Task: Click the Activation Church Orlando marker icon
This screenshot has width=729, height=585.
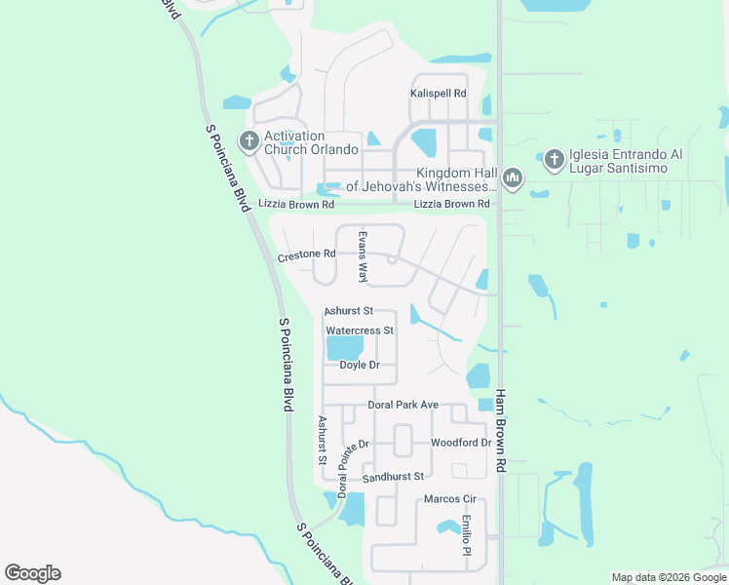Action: coord(249,142)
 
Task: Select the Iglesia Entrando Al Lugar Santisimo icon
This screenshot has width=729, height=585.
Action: coord(554,158)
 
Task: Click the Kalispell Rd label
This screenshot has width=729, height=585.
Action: coord(438,94)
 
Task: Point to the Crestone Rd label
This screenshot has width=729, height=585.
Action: coord(306,255)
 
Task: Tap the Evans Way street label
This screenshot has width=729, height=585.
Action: coord(363,257)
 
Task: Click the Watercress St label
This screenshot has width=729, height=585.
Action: coord(359,331)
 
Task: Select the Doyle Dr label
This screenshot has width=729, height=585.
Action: coord(359,365)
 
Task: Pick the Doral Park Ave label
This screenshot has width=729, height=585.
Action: coord(403,404)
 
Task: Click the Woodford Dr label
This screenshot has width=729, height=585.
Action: coord(461,443)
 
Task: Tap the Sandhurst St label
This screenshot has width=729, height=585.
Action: coord(393,477)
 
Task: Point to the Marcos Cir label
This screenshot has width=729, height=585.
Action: coord(448,499)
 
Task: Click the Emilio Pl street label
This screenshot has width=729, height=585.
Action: coord(467,535)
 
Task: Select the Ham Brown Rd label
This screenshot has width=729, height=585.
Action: coord(501,431)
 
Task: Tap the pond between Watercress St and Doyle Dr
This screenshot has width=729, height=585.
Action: coord(343,348)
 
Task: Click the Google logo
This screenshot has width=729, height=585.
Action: coord(32,573)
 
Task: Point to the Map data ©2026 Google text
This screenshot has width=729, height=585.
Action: coord(668,577)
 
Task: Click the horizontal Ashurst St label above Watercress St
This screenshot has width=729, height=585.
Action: coord(348,310)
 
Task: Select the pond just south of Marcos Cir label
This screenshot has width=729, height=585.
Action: coord(448,527)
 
